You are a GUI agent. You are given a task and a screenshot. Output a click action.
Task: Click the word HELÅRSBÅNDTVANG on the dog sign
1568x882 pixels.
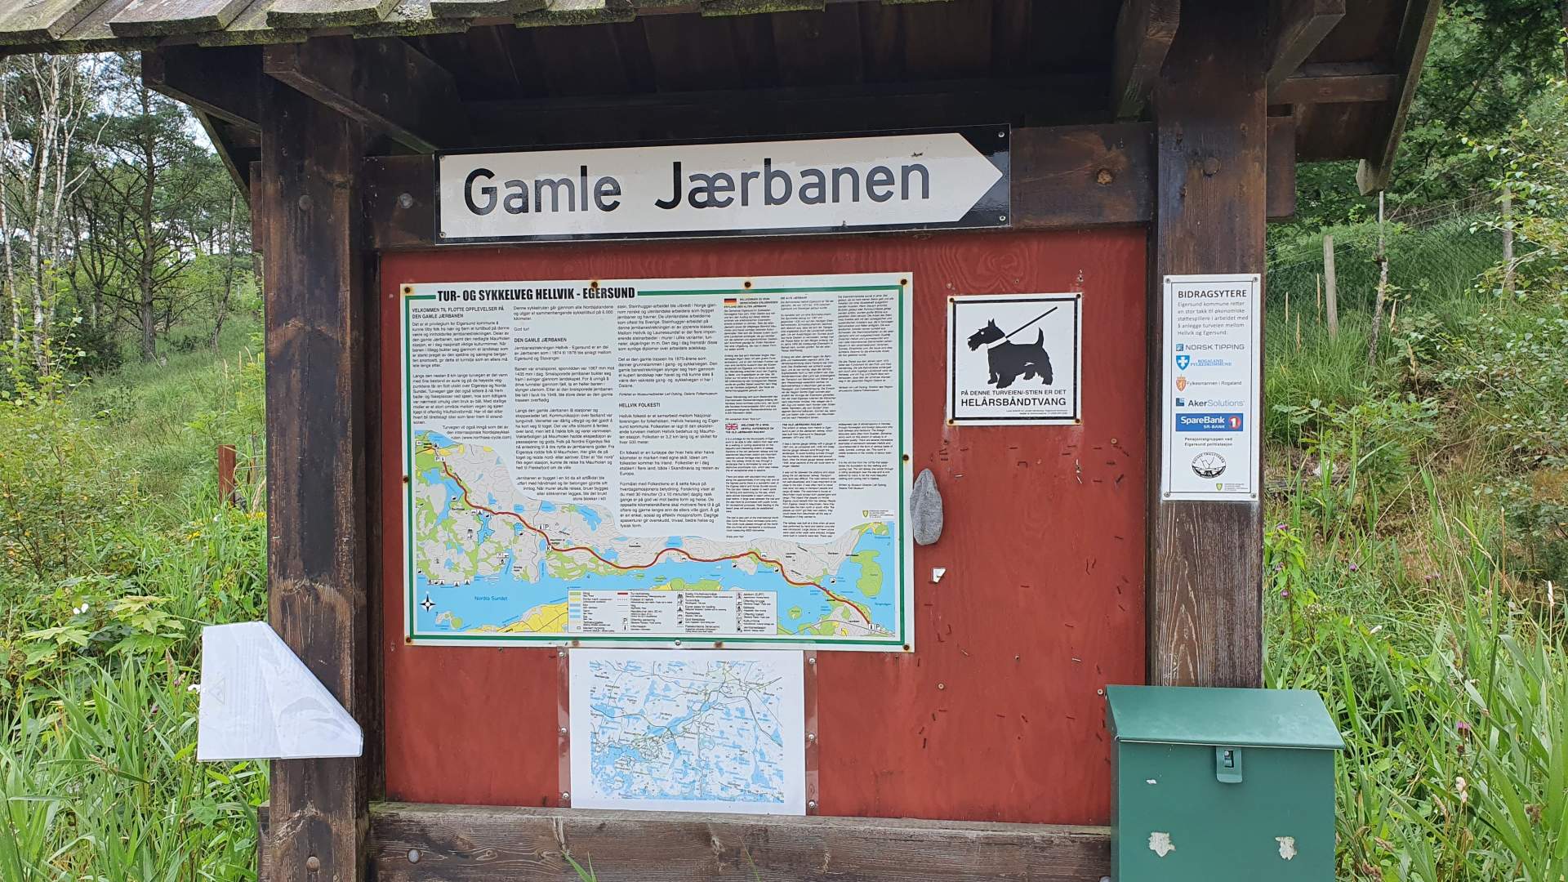point(1014,403)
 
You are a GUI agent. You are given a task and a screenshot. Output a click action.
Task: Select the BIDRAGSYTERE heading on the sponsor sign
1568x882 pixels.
point(1211,292)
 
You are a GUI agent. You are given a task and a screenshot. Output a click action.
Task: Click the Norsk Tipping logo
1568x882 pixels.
point(1210,347)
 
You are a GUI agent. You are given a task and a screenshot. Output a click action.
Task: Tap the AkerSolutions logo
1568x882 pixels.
point(1210,403)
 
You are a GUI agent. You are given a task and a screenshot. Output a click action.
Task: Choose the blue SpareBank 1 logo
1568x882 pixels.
point(1209,423)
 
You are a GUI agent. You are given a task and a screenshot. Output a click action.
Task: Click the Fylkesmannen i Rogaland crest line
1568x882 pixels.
point(1210,383)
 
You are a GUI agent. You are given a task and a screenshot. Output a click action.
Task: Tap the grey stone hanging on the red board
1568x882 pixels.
point(925,506)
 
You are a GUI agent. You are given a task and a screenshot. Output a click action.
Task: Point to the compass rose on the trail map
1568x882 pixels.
point(428,604)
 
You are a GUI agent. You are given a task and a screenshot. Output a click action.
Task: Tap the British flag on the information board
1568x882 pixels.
point(731,425)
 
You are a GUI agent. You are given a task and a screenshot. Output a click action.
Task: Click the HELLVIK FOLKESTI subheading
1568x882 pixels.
point(639,405)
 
